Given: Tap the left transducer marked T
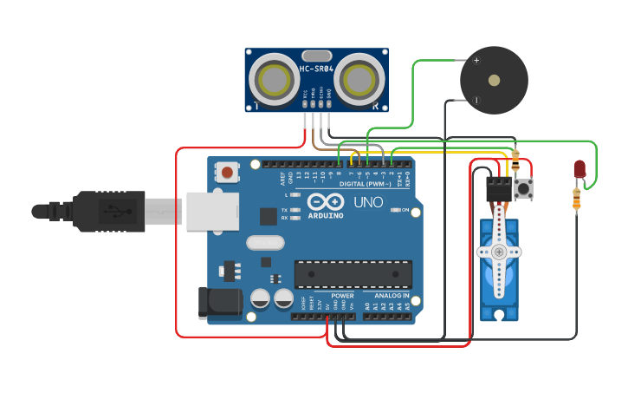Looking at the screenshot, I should click(x=275, y=81).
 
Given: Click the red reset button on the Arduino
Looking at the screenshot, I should click(x=227, y=172).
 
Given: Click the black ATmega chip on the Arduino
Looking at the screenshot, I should click(x=351, y=273).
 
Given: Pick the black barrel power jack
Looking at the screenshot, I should click(x=218, y=302).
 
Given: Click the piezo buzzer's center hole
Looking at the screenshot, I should click(x=494, y=80).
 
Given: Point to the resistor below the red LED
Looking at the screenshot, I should click(x=578, y=200).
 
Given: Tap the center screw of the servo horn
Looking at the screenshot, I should click(x=499, y=252).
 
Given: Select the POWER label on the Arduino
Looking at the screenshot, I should click(x=342, y=296).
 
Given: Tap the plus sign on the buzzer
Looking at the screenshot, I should click(x=476, y=60).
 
